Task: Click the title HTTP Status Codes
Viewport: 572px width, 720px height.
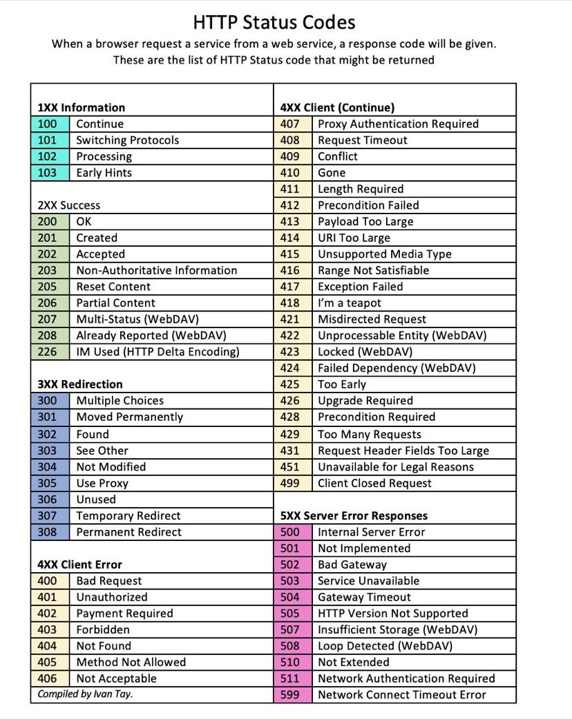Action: [274, 22]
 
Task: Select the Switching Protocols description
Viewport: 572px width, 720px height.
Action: [127, 140]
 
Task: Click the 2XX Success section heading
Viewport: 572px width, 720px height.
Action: [68, 205]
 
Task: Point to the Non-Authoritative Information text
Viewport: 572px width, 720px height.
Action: [156, 270]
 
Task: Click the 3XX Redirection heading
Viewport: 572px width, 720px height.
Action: [79, 384]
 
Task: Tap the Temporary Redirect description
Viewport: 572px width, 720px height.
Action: [128, 515]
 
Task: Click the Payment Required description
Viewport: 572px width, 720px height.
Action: [124, 613]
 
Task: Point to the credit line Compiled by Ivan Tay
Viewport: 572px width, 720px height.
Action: [85, 693]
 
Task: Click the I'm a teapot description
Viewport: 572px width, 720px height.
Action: [349, 303]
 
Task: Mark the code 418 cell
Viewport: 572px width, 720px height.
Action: [291, 303]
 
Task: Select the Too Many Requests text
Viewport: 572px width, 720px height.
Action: [369, 434]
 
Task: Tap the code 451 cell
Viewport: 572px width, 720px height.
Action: [291, 466]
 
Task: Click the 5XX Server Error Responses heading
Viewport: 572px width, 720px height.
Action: [354, 515]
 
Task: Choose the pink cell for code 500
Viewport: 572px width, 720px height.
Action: [291, 532]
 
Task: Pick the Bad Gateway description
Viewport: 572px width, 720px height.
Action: [352, 565]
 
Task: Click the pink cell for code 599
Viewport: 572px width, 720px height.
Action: [291, 694]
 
